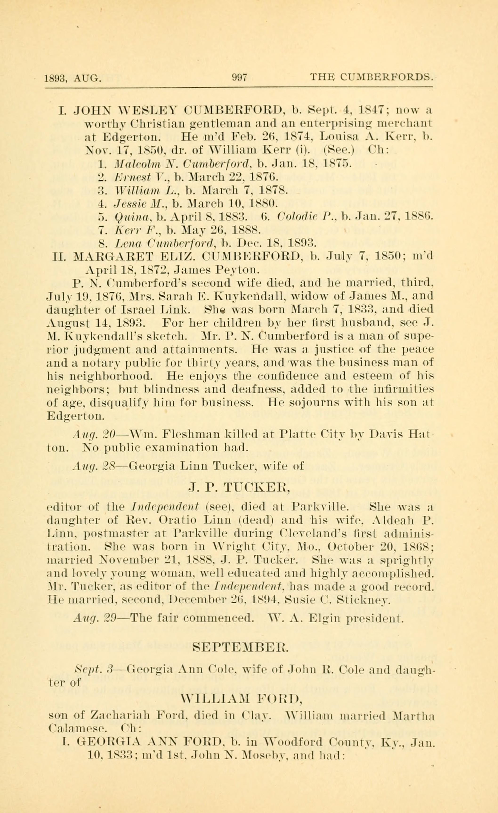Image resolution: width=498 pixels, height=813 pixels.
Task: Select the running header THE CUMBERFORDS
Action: pos(371,77)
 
